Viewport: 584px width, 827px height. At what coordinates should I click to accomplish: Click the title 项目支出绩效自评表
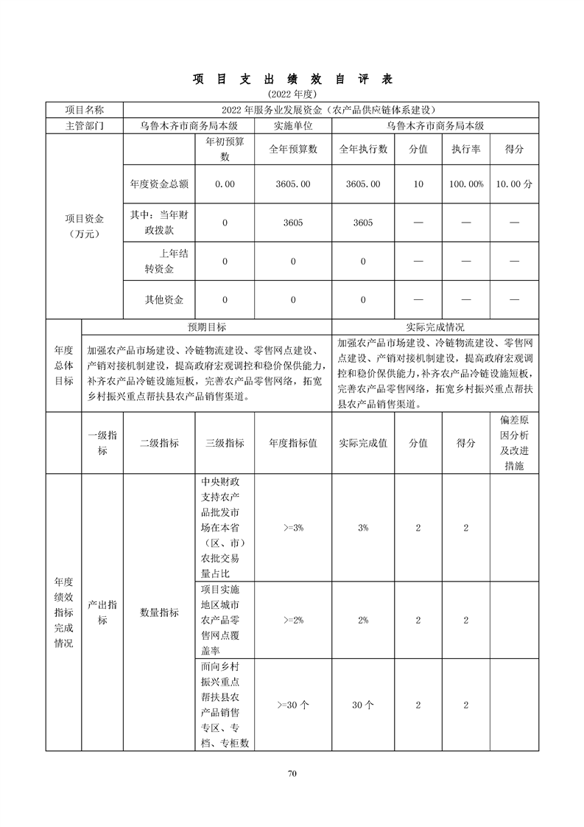(x=292, y=79)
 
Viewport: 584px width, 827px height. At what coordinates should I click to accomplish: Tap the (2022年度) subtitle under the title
(x=292, y=94)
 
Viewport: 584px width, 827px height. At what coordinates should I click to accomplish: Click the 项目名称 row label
(x=85, y=110)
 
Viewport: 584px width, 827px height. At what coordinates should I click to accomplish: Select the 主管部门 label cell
(x=85, y=126)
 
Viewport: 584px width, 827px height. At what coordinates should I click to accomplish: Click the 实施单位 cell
(x=293, y=126)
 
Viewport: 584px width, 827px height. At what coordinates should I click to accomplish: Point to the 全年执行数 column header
(x=363, y=150)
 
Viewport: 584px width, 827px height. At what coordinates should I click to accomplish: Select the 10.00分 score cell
(x=513, y=184)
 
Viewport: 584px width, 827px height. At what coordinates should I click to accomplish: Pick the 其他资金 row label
(x=163, y=300)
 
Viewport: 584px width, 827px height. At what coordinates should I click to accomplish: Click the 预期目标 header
(x=207, y=327)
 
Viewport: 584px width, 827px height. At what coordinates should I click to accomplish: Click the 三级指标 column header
(x=225, y=443)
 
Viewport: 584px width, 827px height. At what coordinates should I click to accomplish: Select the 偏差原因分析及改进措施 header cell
(x=514, y=443)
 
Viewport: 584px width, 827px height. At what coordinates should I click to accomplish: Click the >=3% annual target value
(x=293, y=528)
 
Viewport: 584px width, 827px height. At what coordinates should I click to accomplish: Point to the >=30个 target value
(x=293, y=705)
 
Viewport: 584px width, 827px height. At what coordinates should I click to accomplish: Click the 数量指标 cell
(x=159, y=613)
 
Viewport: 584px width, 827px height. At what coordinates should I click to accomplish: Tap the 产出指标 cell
(x=102, y=613)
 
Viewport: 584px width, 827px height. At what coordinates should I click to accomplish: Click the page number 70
(x=292, y=773)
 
